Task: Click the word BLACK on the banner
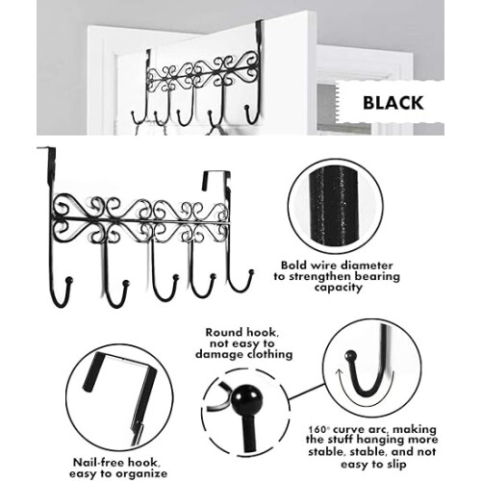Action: click(x=393, y=103)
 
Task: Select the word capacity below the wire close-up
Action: click(x=338, y=287)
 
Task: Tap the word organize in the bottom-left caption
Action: click(x=141, y=474)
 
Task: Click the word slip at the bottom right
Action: click(x=395, y=465)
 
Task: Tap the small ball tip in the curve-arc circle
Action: click(x=350, y=355)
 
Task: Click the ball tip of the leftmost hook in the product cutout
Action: click(x=69, y=280)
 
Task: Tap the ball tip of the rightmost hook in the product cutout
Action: click(x=251, y=273)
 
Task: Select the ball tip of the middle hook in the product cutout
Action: click(x=175, y=277)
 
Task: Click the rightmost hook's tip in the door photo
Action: click(x=247, y=108)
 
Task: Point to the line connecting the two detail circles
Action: click(x=307, y=392)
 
